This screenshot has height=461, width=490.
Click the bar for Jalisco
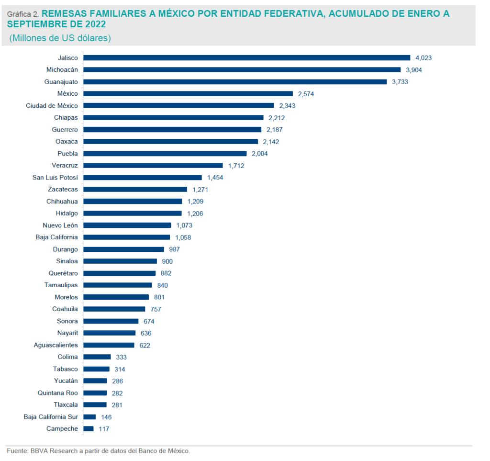pos(247,57)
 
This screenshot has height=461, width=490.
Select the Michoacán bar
pos(242,69)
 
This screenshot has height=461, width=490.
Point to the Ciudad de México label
pos(52,105)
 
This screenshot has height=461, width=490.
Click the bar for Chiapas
pos(174,117)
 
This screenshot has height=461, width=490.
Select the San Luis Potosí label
pos(55,177)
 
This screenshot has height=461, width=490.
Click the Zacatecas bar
pos(135,189)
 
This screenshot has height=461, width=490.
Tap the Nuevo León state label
pos(60,225)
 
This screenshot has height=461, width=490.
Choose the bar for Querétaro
pos(120,273)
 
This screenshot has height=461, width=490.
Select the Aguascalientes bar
pos(109,345)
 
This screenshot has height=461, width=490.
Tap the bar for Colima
pos(97,357)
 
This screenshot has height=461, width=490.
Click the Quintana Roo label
pos(58,393)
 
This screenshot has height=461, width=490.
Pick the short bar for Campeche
pos(89,429)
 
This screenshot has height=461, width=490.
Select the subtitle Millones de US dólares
pos(60,38)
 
